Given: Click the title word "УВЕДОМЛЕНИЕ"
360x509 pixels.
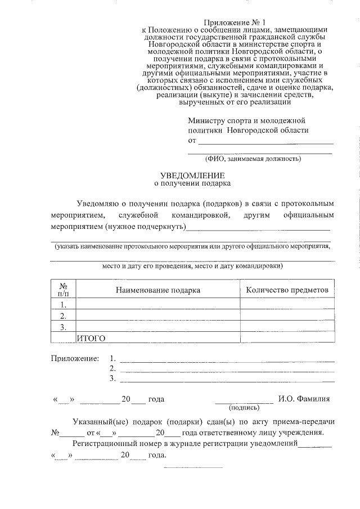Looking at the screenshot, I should [192, 175].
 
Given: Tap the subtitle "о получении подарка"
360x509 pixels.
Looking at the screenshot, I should [192, 183].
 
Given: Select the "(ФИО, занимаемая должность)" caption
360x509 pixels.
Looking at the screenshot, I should [253, 159].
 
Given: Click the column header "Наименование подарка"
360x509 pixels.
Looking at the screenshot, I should [158, 290].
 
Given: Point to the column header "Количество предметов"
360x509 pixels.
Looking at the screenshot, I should [287, 290].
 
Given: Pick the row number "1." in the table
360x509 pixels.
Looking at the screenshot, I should [64, 304].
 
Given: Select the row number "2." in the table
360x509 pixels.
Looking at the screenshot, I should [64, 316].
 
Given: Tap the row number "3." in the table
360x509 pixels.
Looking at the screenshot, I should [64, 327].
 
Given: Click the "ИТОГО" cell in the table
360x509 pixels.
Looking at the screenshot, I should [91, 338].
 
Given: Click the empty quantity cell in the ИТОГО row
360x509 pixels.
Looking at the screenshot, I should [287, 338].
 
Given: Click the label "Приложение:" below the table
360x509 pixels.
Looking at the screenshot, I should [75, 358].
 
